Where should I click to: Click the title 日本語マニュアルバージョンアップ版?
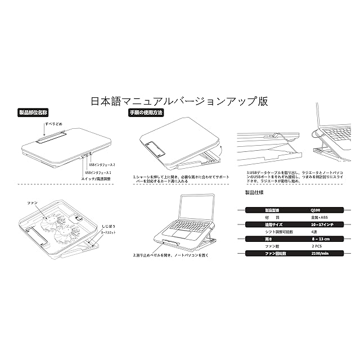point(179,102)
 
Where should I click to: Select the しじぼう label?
point(109,224)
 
